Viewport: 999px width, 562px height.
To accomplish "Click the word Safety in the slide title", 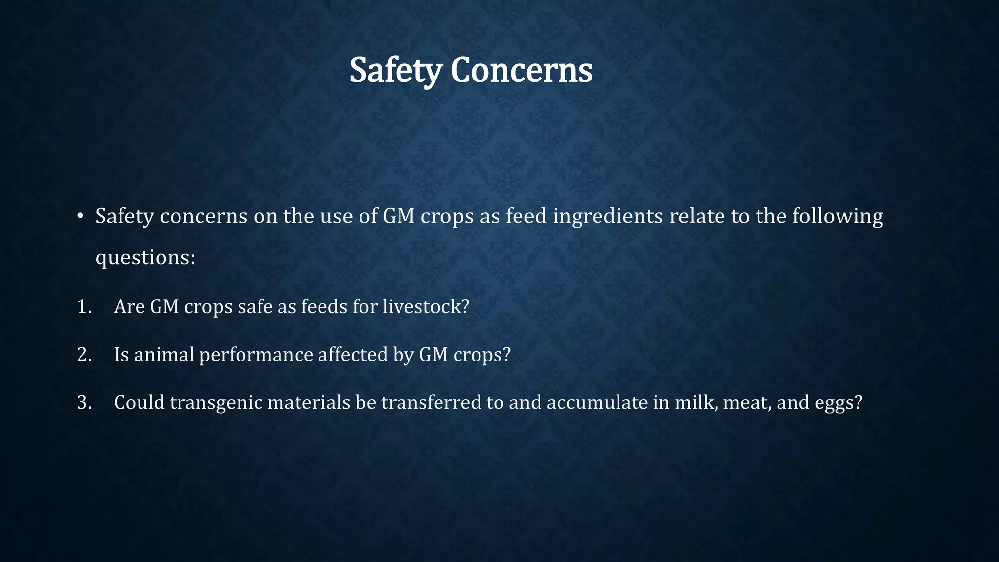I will pyautogui.click(x=396, y=71).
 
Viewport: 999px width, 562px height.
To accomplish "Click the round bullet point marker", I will pyautogui.click(x=80, y=216).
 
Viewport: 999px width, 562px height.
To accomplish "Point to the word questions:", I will pyautogui.click(x=145, y=258).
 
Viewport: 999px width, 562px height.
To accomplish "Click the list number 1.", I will pyautogui.click(x=84, y=306).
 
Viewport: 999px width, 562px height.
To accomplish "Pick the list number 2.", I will pyautogui.click(x=84, y=355).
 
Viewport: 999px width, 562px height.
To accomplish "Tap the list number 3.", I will pyautogui.click(x=84, y=402).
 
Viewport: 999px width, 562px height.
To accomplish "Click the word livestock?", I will pyautogui.click(x=425, y=306).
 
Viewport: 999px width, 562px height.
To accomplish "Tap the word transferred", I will pyautogui.click(x=431, y=402).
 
